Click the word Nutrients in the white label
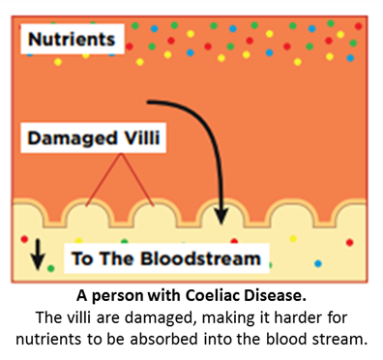[x=72, y=40]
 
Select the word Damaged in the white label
[x=72, y=139]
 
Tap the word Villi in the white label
[x=142, y=137]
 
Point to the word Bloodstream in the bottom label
[x=200, y=258]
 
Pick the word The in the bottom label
[x=116, y=258]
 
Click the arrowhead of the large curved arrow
[x=221, y=217]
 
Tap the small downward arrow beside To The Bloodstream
[x=38, y=255]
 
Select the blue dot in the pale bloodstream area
[x=318, y=263]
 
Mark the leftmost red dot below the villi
[x=24, y=239]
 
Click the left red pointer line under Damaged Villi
[x=103, y=180]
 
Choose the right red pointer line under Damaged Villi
[x=137, y=180]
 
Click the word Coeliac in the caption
[x=213, y=295]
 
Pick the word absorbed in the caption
[x=163, y=339]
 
